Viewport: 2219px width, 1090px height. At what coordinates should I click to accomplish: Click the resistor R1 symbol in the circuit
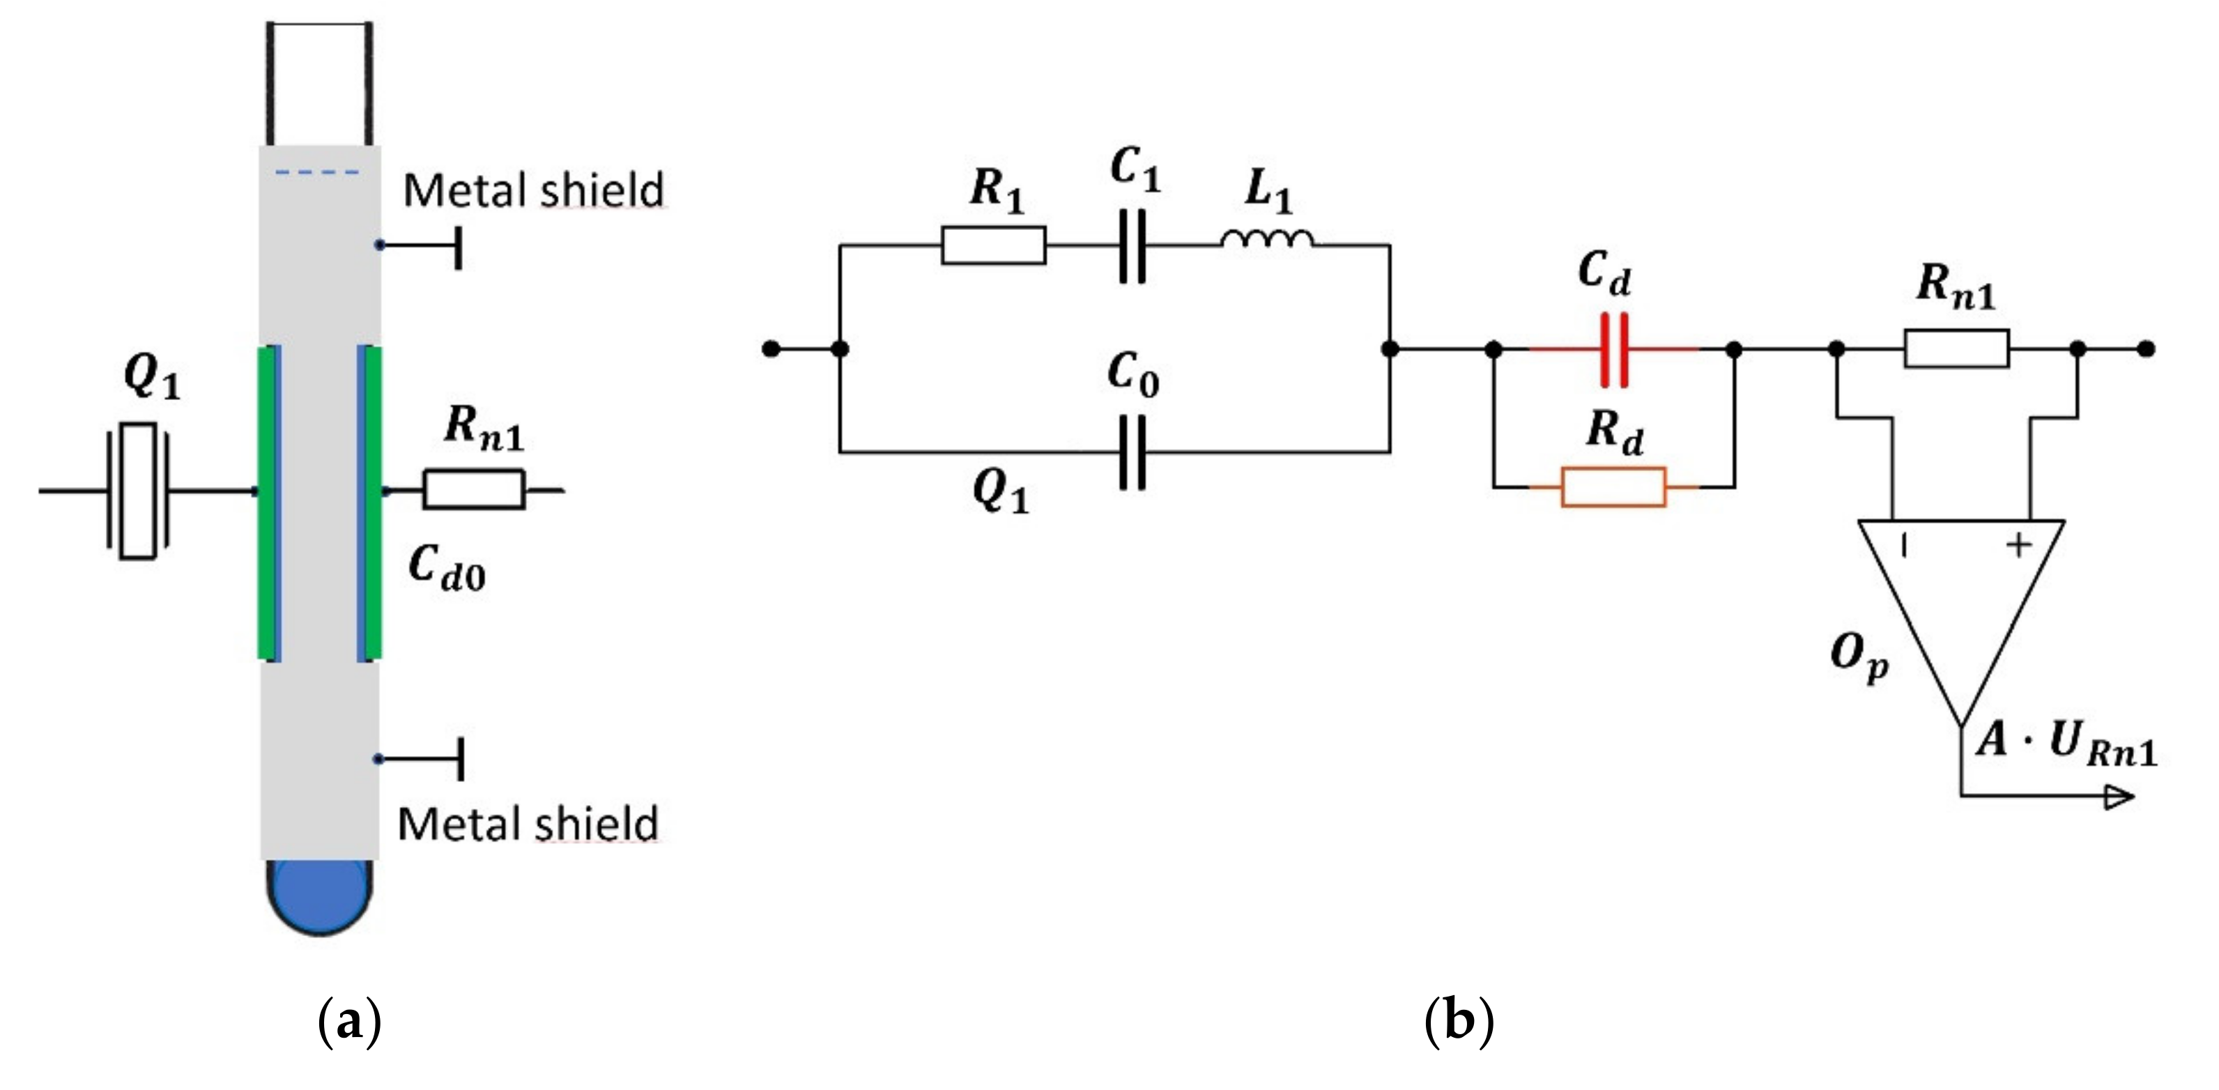993,245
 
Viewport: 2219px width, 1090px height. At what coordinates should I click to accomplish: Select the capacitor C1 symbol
1132,245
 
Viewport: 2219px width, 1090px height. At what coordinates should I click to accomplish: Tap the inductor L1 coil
1266,240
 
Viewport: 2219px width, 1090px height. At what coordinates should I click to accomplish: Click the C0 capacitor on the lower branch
1132,452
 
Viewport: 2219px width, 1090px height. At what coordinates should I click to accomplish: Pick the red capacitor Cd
1613,349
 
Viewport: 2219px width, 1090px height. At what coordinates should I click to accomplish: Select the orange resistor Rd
1613,487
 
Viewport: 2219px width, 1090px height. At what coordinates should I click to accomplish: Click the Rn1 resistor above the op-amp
1956,349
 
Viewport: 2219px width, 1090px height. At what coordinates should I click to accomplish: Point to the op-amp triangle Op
1961,603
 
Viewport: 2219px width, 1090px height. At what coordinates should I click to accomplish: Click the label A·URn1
2067,743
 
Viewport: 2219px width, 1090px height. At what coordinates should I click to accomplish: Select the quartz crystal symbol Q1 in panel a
137,491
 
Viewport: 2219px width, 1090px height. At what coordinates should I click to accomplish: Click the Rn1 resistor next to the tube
473,490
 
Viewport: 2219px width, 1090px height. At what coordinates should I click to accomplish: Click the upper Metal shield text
533,190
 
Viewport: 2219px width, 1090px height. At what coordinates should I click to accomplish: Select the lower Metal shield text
527,824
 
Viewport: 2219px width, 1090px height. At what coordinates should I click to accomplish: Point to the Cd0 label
446,569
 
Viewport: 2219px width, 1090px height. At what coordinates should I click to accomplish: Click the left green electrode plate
268,502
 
